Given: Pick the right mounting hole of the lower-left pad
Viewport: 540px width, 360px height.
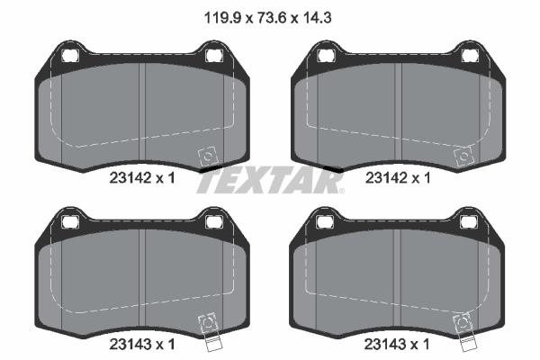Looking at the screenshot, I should point(214,222).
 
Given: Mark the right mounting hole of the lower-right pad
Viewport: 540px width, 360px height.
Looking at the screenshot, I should point(471,222).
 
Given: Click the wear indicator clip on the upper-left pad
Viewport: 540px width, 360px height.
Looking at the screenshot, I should point(206,157).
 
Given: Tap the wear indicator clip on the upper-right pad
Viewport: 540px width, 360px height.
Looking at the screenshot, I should point(463,157).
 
